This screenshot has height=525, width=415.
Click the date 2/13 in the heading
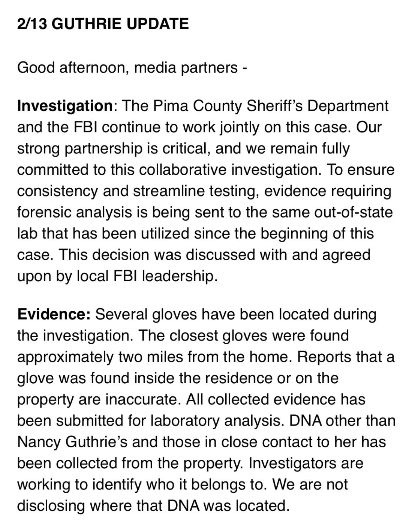pyautogui.click(x=32, y=24)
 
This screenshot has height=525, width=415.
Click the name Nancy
pyautogui.click(x=39, y=442)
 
